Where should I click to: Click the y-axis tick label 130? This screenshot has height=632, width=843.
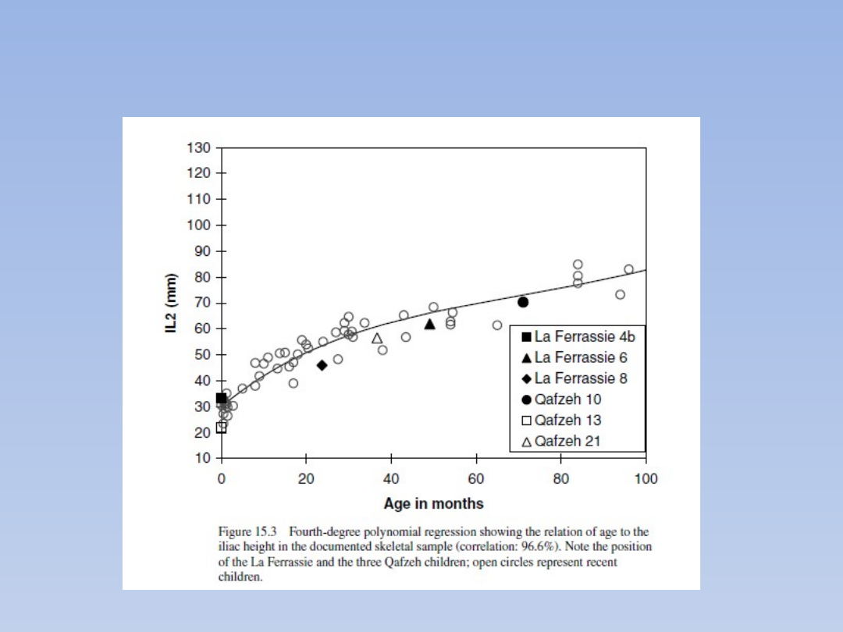click(199, 147)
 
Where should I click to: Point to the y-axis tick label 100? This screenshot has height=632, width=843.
click(199, 225)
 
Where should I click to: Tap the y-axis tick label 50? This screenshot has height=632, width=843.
click(202, 354)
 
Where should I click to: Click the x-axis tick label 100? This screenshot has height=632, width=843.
click(646, 478)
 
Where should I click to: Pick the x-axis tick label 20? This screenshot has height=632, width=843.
click(306, 478)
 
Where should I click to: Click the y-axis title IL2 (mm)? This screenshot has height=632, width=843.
click(172, 303)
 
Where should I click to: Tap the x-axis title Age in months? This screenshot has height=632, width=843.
click(433, 503)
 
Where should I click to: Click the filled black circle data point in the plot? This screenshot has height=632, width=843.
click(523, 302)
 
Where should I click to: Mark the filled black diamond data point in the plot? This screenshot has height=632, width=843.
click(322, 365)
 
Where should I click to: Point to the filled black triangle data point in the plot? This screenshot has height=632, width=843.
click(429, 324)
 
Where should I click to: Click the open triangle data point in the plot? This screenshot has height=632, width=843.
click(377, 339)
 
